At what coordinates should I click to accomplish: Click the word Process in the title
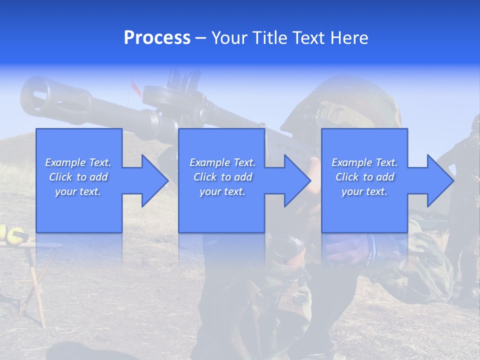[x=157, y=37]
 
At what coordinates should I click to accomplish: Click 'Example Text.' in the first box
[x=78, y=162]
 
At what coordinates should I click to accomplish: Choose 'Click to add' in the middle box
[x=222, y=177]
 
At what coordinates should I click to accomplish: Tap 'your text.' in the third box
[x=364, y=191]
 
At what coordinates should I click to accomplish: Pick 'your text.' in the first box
[x=78, y=191]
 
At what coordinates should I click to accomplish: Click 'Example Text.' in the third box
[x=364, y=162]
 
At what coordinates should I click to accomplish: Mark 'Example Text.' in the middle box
[x=222, y=162]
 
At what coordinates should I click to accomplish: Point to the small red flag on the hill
[x=133, y=85]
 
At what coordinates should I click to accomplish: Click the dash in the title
[x=201, y=37]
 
